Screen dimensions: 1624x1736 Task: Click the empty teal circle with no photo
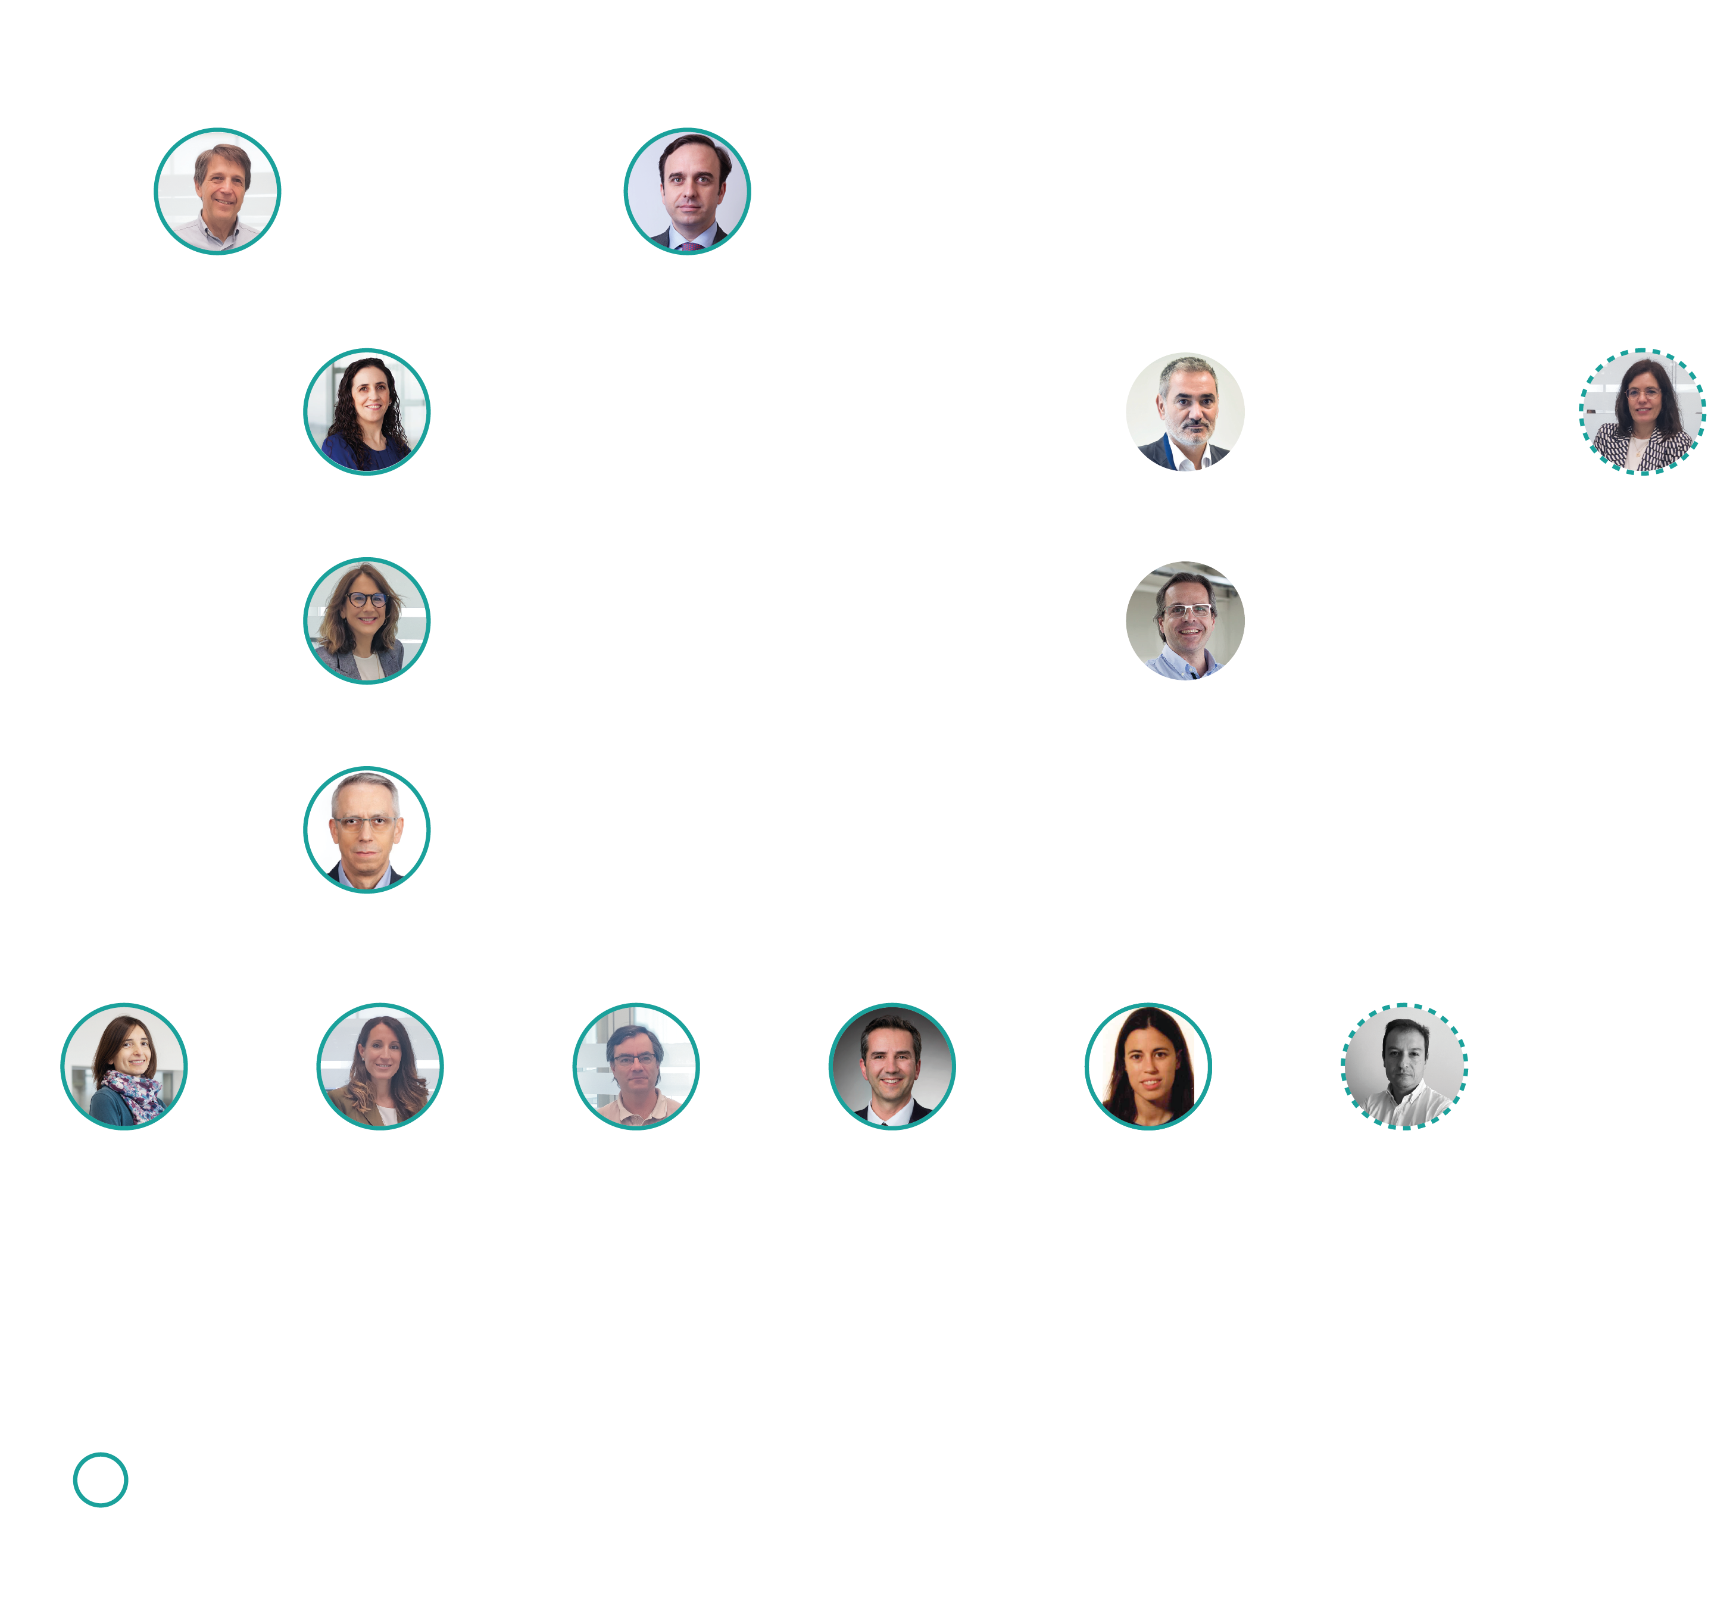[x=101, y=1479]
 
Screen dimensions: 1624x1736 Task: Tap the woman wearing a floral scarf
[x=124, y=1066]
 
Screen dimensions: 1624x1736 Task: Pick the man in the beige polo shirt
[x=636, y=1066]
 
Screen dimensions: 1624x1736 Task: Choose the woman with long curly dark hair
[x=367, y=411]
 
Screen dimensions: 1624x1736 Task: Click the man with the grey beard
[x=1185, y=411]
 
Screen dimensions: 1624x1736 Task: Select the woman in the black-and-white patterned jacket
[x=1643, y=411]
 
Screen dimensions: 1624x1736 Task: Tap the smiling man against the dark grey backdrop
[x=892, y=1066]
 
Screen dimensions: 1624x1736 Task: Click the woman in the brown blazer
[x=380, y=1066]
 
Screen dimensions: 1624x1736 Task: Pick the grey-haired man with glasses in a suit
[x=367, y=829]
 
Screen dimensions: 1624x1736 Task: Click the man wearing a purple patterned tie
[x=687, y=191]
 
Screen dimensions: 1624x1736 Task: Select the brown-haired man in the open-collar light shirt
[x=217, y=191]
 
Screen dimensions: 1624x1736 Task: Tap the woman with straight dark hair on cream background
[x=1147, y=1066]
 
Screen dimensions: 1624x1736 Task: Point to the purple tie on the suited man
[x=691, y=246]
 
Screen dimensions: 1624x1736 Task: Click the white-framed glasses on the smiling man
[x=1188, y=610]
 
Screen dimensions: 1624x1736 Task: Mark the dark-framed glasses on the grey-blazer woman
[x=367, y=600]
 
